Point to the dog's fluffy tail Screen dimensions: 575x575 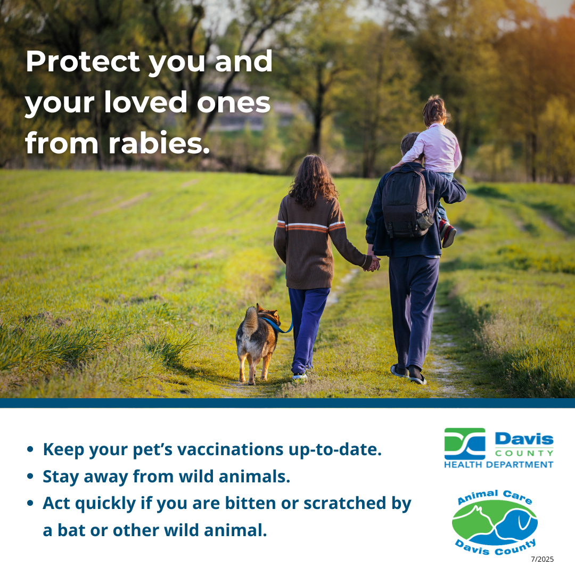coord(249,323)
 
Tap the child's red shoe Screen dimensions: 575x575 coord(448,235)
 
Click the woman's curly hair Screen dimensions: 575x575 coord(313,181)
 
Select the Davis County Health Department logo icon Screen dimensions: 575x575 coord(465,443)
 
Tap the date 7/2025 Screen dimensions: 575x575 coord(542,559)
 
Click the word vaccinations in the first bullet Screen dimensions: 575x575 coord(230,449)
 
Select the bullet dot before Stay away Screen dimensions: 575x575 coord(30,477)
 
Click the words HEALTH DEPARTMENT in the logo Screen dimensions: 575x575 coord(499,465)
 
